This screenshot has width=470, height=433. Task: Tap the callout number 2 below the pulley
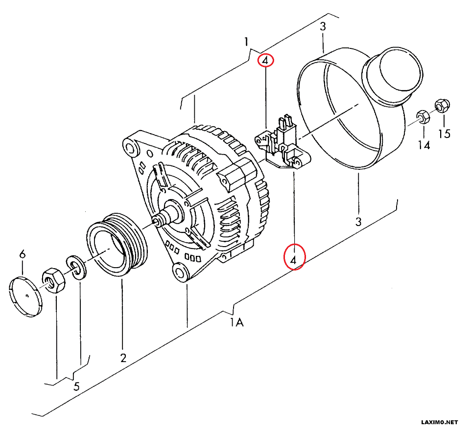tap(123, 358)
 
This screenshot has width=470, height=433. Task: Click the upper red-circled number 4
tap(265, 61)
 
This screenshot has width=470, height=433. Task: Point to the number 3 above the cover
tap(323, 26)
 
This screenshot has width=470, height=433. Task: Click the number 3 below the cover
tap(358, 221)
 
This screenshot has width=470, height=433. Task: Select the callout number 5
tap(76, 387)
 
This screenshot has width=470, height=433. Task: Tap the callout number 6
tap(22, 254)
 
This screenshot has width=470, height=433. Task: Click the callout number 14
tap(423, 145)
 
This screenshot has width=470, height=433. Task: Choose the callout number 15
tap(444, 134)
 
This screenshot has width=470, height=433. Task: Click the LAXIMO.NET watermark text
tap(439, 422)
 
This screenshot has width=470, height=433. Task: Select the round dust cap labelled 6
tap(26, 297)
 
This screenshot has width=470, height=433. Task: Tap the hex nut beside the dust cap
tap(53, 281)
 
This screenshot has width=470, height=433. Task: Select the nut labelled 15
tap(442, 104)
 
